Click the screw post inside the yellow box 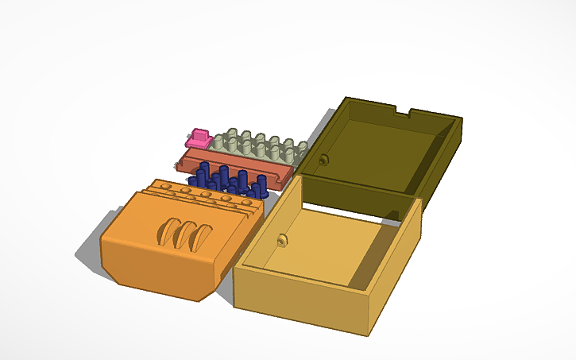282,239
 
